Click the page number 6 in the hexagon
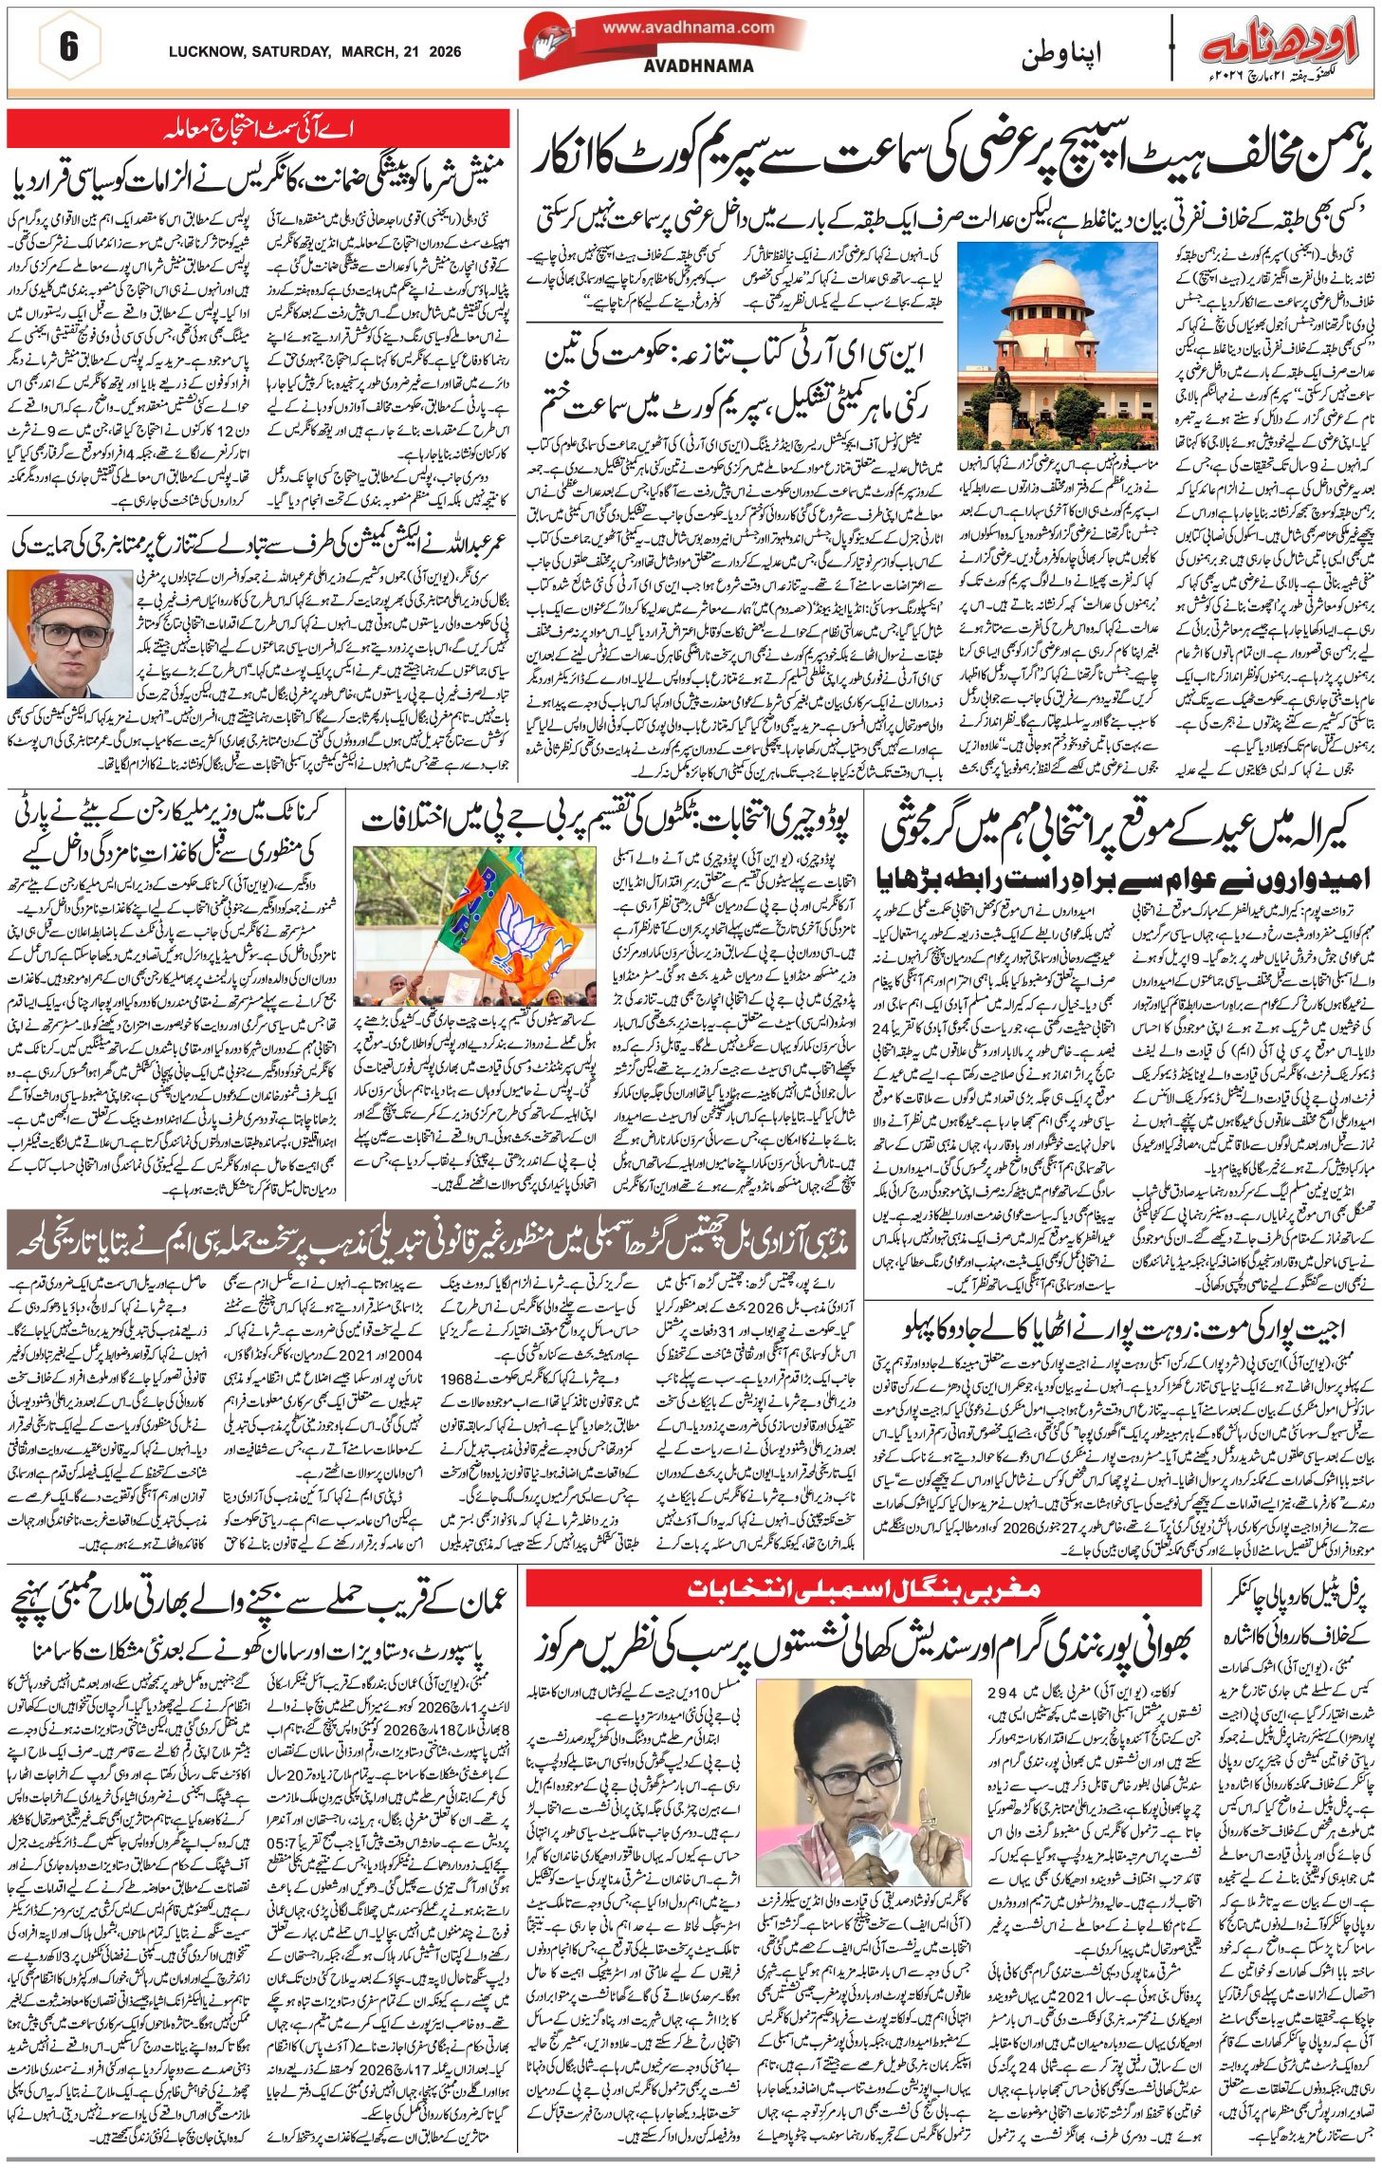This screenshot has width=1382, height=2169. click(x=68, y=48)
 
